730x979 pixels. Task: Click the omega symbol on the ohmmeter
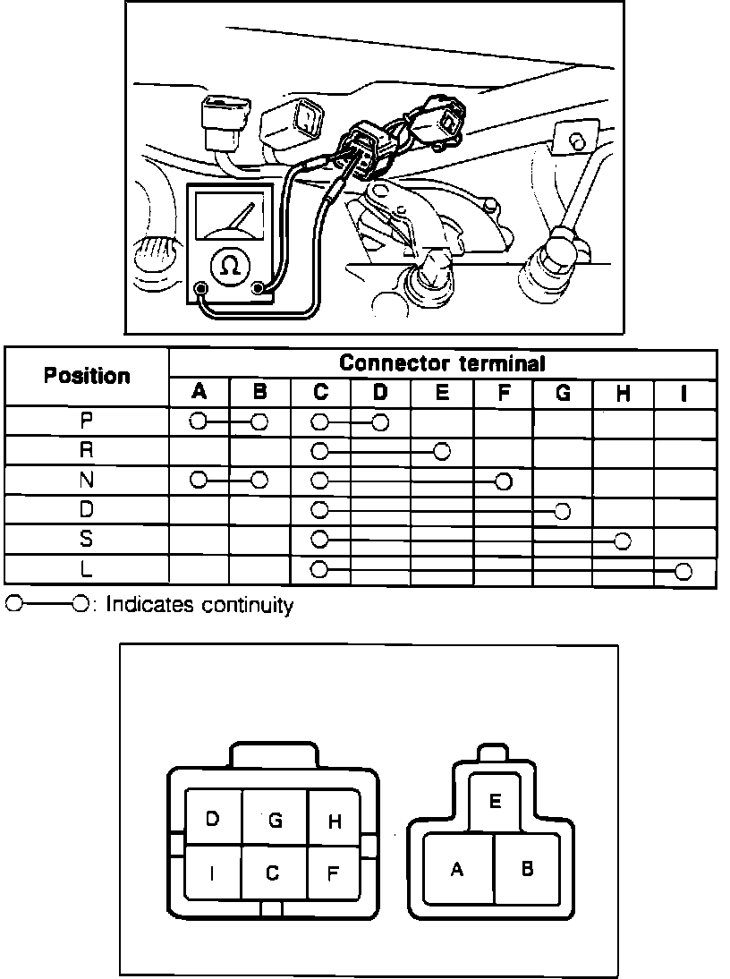[x=230, y=265]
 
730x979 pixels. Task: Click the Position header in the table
[x=87, y=376]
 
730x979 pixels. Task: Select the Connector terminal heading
[x=442, y=363]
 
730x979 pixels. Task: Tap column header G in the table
[x=563, y=392]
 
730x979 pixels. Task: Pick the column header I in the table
[x=684, y=392]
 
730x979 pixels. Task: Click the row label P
[x=87, y=421]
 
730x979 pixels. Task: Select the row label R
[x=87, y=451]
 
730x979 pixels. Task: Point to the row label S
[x=87, y=541]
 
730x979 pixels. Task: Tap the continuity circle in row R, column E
[x=442, y=451]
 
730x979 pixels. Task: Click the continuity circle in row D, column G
[x=562, y=511]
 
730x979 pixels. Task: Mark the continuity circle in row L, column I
[x=684, y=572]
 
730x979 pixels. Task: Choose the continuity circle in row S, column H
[x=624, y=541]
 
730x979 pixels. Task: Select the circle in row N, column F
[x=503, y=481]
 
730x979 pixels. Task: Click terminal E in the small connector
[x=494, y=801]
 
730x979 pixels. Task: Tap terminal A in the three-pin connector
[x=457, y=868]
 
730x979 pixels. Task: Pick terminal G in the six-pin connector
[x=275, y=818]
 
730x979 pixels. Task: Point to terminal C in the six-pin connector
[x=273, y=873]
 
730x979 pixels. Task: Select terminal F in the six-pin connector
[x=332, y=873]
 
